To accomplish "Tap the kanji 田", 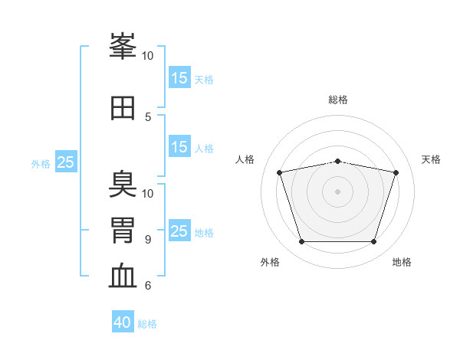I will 123,108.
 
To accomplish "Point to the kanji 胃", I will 123,230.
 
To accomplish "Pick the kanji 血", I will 123,277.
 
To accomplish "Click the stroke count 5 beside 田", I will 148,116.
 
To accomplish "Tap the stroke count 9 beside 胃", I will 148,239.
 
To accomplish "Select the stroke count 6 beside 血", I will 148,286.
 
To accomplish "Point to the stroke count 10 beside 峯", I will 148,55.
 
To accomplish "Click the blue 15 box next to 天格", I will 179,77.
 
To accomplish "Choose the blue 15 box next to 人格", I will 179,147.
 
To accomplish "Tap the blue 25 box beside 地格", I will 179,231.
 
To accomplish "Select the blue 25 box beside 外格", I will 66,162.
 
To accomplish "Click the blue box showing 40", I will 123,322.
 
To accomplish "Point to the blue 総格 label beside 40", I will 147,324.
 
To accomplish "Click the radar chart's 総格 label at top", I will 338,100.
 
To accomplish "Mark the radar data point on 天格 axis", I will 396,172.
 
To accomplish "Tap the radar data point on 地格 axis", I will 373,242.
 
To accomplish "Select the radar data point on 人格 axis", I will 280,172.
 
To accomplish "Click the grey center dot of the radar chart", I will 338,191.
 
